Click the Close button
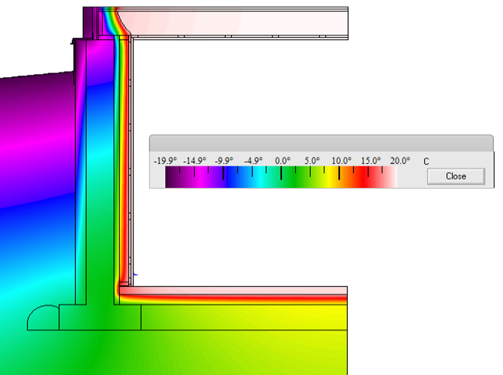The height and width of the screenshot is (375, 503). [455, 176]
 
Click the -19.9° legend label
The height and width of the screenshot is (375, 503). [165, 161]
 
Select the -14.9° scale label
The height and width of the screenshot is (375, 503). [195, 161]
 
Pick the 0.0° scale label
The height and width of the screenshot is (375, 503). [283, 161]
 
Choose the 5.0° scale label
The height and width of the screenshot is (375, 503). [312, 161]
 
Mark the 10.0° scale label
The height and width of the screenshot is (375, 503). [341, 161]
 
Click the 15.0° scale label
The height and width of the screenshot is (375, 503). [371, 161]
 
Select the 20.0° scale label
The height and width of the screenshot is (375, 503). [400, 161]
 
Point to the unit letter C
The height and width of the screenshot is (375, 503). [426, 162]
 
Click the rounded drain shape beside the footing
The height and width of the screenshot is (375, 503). [44, 317]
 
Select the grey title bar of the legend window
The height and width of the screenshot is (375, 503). [321, 143]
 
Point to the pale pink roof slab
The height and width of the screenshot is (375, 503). [235, 22]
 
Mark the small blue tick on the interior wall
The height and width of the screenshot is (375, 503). [135, 274]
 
